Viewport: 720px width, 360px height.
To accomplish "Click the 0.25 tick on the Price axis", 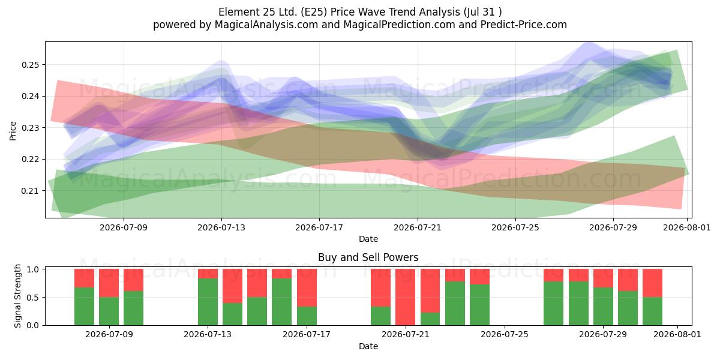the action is [30, 65].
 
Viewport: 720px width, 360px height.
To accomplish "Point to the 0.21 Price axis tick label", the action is [30, 191].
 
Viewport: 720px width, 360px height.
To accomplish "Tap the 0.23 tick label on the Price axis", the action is [30, 128].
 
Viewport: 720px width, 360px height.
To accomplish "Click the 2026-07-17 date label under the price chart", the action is [319, 227].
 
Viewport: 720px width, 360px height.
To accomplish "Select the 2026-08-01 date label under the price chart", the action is [687, 227].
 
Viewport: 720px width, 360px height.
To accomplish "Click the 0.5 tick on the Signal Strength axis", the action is [33, 298].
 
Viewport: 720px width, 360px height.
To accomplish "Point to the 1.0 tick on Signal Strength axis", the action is [33, 269].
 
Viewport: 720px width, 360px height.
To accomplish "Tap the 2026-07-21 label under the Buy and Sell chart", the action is [406, 335].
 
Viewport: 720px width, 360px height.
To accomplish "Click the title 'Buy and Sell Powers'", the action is [368, 257].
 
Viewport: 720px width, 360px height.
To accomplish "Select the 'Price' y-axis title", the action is [13, 131].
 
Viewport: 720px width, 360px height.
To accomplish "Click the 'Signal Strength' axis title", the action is [17, 296].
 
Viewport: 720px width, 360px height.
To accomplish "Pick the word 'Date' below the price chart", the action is [368, 239].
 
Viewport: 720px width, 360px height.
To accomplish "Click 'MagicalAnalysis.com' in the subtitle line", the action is [266, 25].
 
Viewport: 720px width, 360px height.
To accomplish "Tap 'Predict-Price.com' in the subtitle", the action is [524, 25].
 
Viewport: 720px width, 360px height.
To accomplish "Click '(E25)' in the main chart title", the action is [313, 12].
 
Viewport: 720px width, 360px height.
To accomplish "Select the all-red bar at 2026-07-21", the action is [406, 297].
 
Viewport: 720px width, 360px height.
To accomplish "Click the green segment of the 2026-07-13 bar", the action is [208, 302].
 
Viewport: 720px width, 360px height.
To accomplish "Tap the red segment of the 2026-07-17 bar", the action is [307, 287].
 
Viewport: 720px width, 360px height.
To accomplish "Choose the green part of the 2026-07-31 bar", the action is [653, 311].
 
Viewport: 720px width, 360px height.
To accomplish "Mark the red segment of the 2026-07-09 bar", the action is [109, 283].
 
